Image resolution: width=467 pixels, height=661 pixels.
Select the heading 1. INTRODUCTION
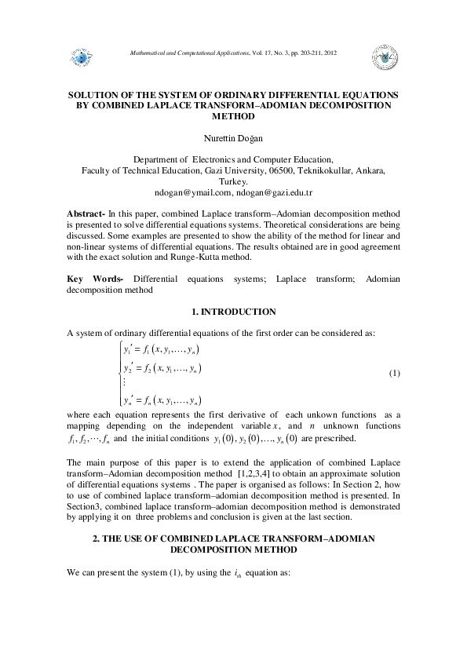[233, 312]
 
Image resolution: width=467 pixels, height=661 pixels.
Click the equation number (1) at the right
[395, 372]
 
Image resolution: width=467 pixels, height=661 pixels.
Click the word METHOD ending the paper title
[233, 115]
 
